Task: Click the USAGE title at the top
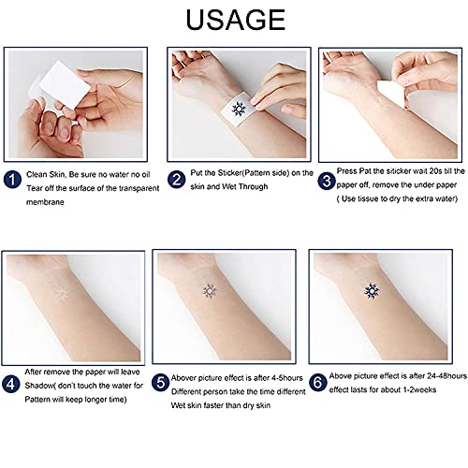(234, 20)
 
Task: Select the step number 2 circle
(176, 177)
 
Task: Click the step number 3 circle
(327, 178)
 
